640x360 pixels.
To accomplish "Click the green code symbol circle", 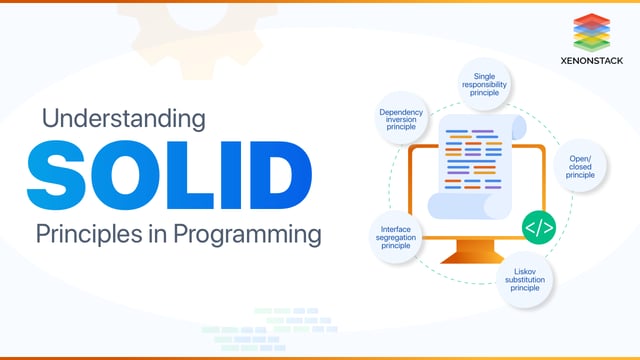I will click(x=538, y=228).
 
